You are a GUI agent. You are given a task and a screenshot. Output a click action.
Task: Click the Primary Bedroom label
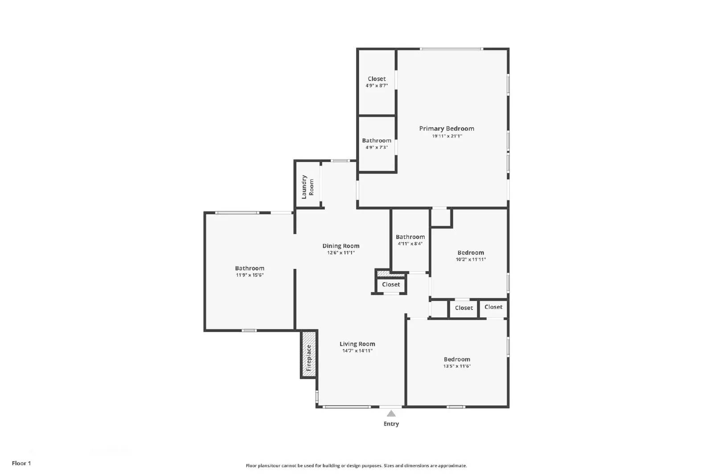click(447, 129)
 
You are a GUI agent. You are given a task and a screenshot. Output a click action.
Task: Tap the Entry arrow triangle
click(391, 414)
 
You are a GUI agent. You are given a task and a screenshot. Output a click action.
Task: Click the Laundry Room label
click(307, 187)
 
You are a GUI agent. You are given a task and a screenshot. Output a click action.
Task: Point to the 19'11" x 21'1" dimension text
click(447, 136)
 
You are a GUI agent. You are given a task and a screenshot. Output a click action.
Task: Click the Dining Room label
click(341, 246)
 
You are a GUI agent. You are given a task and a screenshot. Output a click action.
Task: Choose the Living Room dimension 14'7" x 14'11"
click(357, 351)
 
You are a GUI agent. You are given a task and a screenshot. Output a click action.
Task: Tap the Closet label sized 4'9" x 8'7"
click(377, 79)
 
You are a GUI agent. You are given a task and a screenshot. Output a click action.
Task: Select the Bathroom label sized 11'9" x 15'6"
click(250, 268)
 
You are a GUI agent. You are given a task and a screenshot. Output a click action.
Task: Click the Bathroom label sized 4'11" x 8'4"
click(410, 237)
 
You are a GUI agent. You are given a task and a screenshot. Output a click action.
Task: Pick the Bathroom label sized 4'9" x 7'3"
click(377, 140)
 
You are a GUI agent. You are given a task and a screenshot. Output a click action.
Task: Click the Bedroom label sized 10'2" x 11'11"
click(471, 252)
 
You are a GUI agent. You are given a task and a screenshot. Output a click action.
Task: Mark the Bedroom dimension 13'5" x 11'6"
click(457, 366)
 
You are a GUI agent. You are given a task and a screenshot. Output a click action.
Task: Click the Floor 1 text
click(21, 463)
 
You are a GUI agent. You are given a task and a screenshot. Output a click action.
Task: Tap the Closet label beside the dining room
click(391, 284)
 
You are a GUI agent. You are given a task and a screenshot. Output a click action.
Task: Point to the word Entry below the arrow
click(391, 424)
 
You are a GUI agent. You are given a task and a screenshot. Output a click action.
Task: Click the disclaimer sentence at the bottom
click(356, 466)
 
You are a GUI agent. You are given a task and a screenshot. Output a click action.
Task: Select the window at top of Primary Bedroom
click(451, 49)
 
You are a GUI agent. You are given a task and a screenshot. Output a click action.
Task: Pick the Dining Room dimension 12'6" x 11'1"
click(341, 253)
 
